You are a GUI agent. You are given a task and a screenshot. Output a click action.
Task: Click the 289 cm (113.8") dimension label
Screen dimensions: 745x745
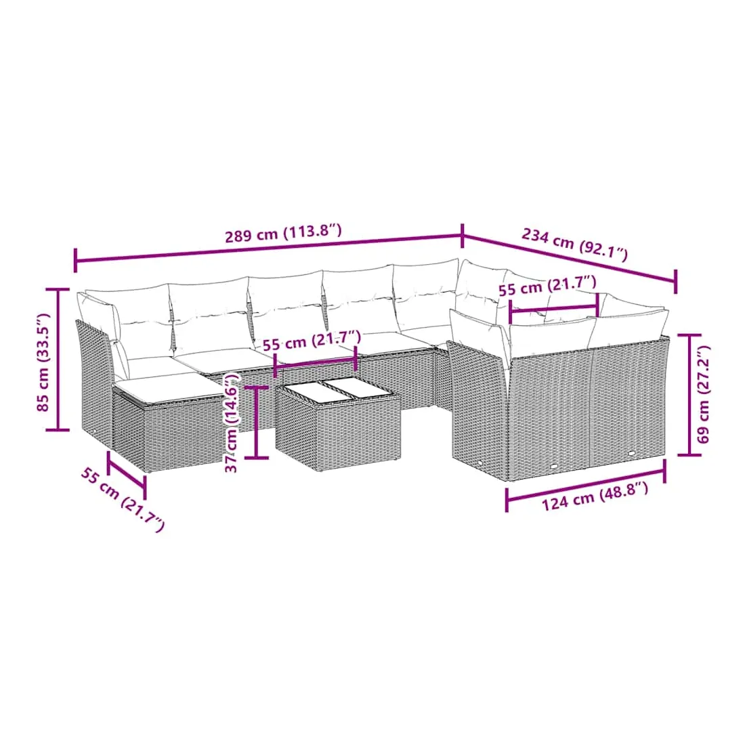283,234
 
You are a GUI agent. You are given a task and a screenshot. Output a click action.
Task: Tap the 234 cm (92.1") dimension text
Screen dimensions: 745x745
575,244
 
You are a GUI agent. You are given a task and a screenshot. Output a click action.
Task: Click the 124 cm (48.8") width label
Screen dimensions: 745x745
595,496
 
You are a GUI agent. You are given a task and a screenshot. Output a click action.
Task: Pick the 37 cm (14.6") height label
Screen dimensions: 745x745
232,423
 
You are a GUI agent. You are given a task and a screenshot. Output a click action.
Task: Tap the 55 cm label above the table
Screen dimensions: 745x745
312,340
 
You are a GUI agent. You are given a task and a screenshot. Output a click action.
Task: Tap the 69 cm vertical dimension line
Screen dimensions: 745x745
689,395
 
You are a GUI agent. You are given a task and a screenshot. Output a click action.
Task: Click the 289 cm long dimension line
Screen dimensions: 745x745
268,247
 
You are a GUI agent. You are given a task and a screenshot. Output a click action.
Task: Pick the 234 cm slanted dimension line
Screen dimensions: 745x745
569,258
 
